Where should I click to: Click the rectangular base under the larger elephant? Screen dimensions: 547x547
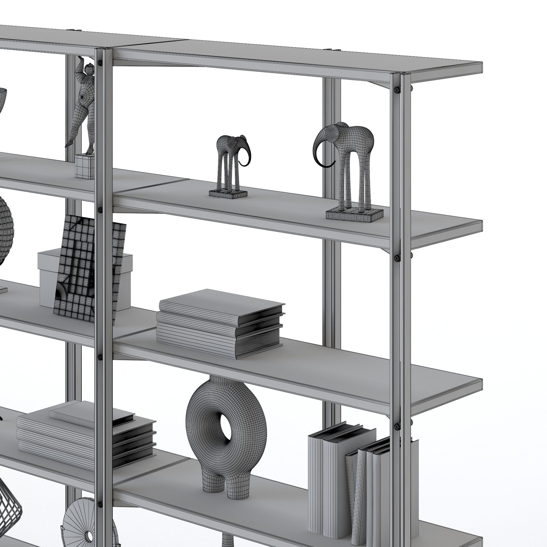click(354, 214)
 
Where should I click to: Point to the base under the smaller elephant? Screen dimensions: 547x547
click(228, 194)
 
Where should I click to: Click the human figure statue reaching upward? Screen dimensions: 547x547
click(84, 105)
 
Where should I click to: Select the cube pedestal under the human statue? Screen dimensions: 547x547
click(85, 167)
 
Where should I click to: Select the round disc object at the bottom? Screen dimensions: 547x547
click(85, 524)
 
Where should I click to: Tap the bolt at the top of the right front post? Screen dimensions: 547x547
click(397, 90)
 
